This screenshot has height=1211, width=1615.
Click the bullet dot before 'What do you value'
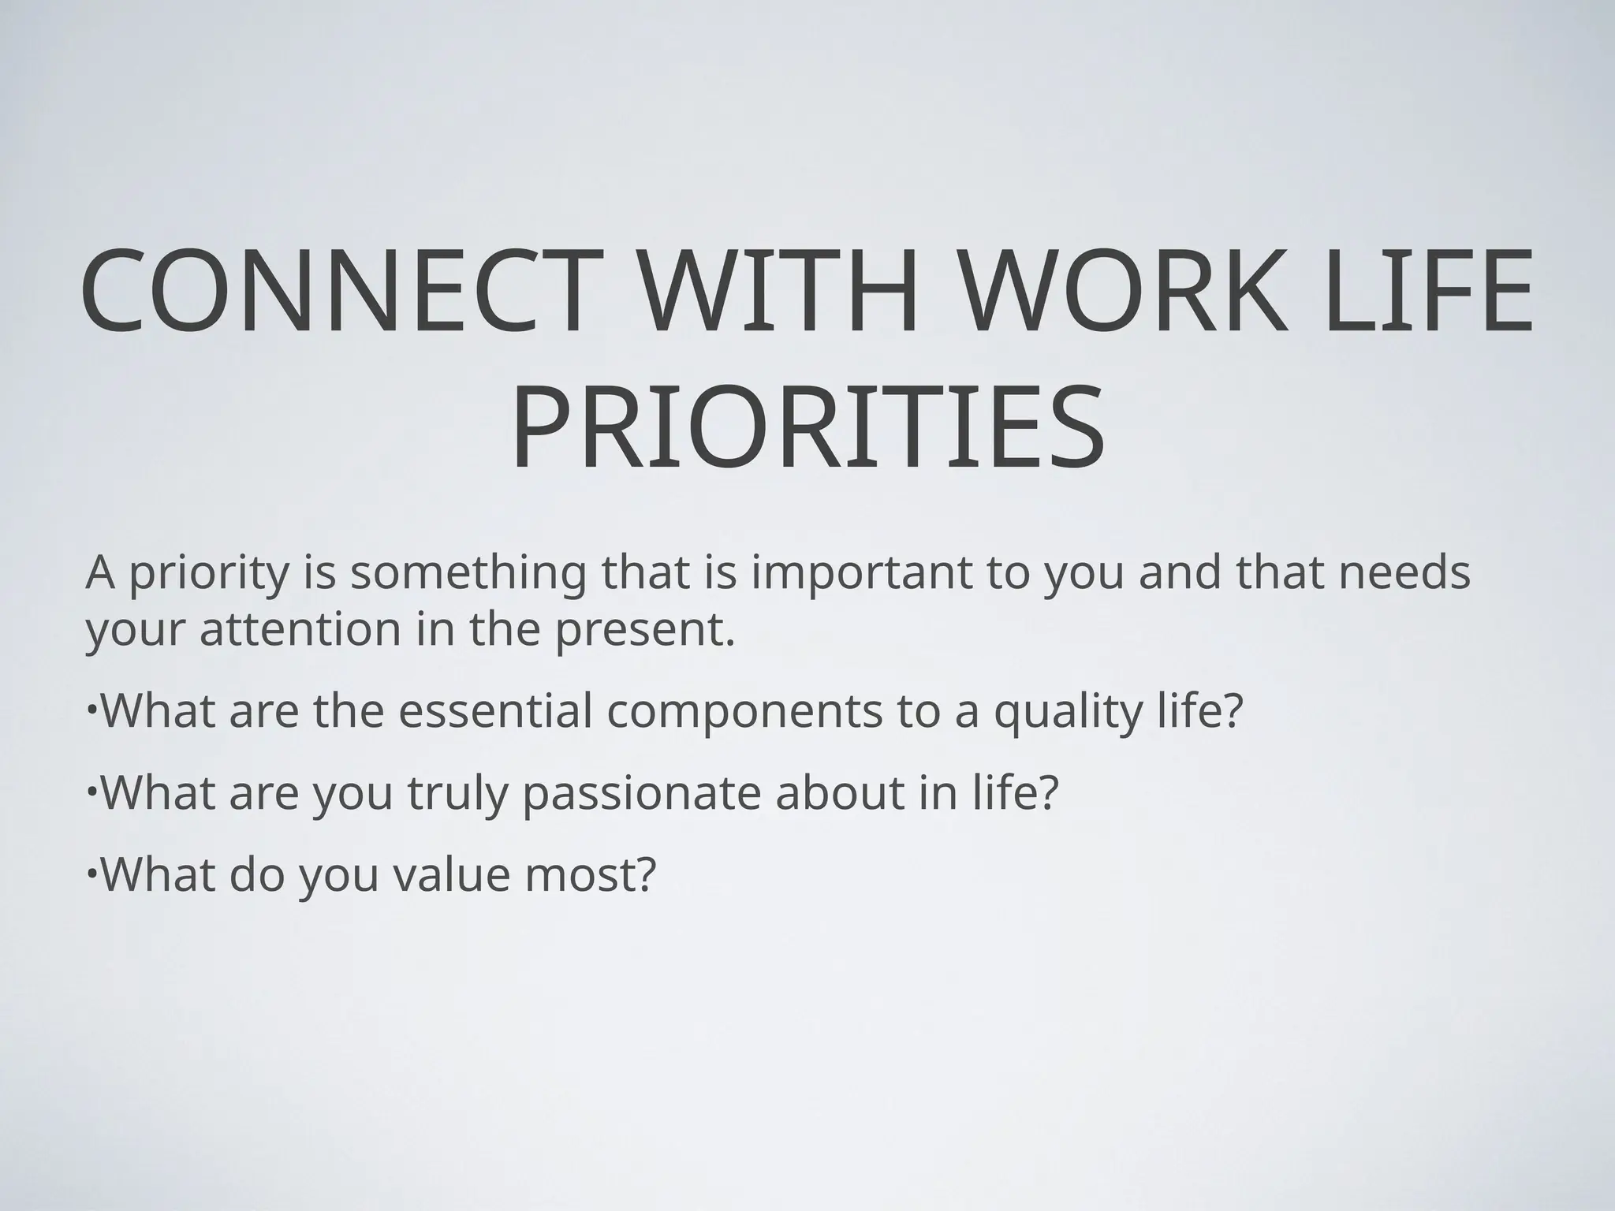pos(92,870)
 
